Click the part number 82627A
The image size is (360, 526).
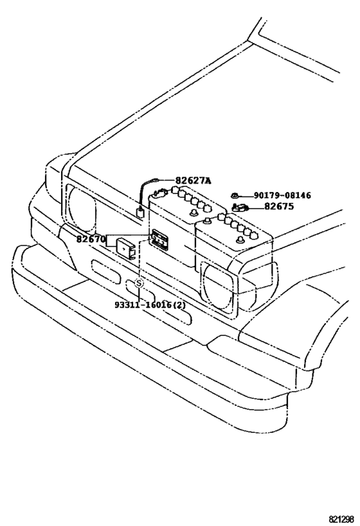pyautogui.click(x=193, y=181)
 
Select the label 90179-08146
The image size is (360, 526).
pyautogui.click(x=282, y=195)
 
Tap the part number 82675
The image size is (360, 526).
pyautogui.click(x=279, y=206)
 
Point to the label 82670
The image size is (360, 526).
pyautogui.click(x=91, y=239)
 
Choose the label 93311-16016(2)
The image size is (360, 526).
pyautogui.click(x=150, y=305)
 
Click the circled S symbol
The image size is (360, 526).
pyautogui.click(x=139, y=283)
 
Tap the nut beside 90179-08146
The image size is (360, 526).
pyautogui.click(x=235, y=195)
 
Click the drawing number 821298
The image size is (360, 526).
pyautogui.click(x=341, y=519)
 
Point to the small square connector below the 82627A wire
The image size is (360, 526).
pyautogui.click(x=139, y=213)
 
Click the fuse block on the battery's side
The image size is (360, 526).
pyautogui.click(x=159, y=240)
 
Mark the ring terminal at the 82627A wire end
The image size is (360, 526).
pyautogui.click(x=156, y=180)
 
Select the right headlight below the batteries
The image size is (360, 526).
pyautogui.click(x=219, y=287)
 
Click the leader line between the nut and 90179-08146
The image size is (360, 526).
pyautogui.click(x=245, y=195)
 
